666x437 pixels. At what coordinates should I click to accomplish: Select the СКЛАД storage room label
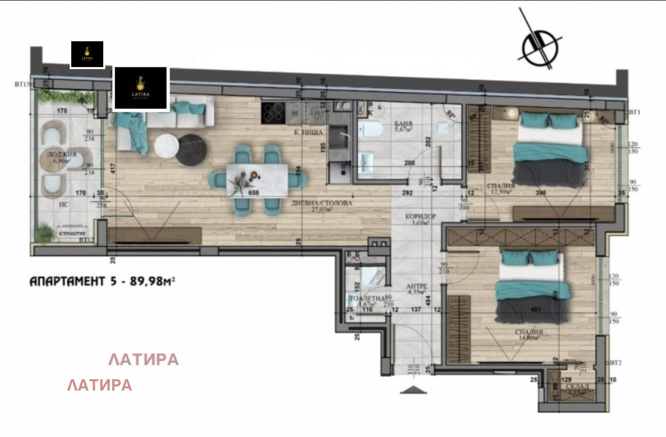point(575,386)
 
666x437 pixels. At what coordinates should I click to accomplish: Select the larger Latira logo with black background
point(141,88)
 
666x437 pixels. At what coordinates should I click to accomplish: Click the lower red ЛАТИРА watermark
point(100,385)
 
